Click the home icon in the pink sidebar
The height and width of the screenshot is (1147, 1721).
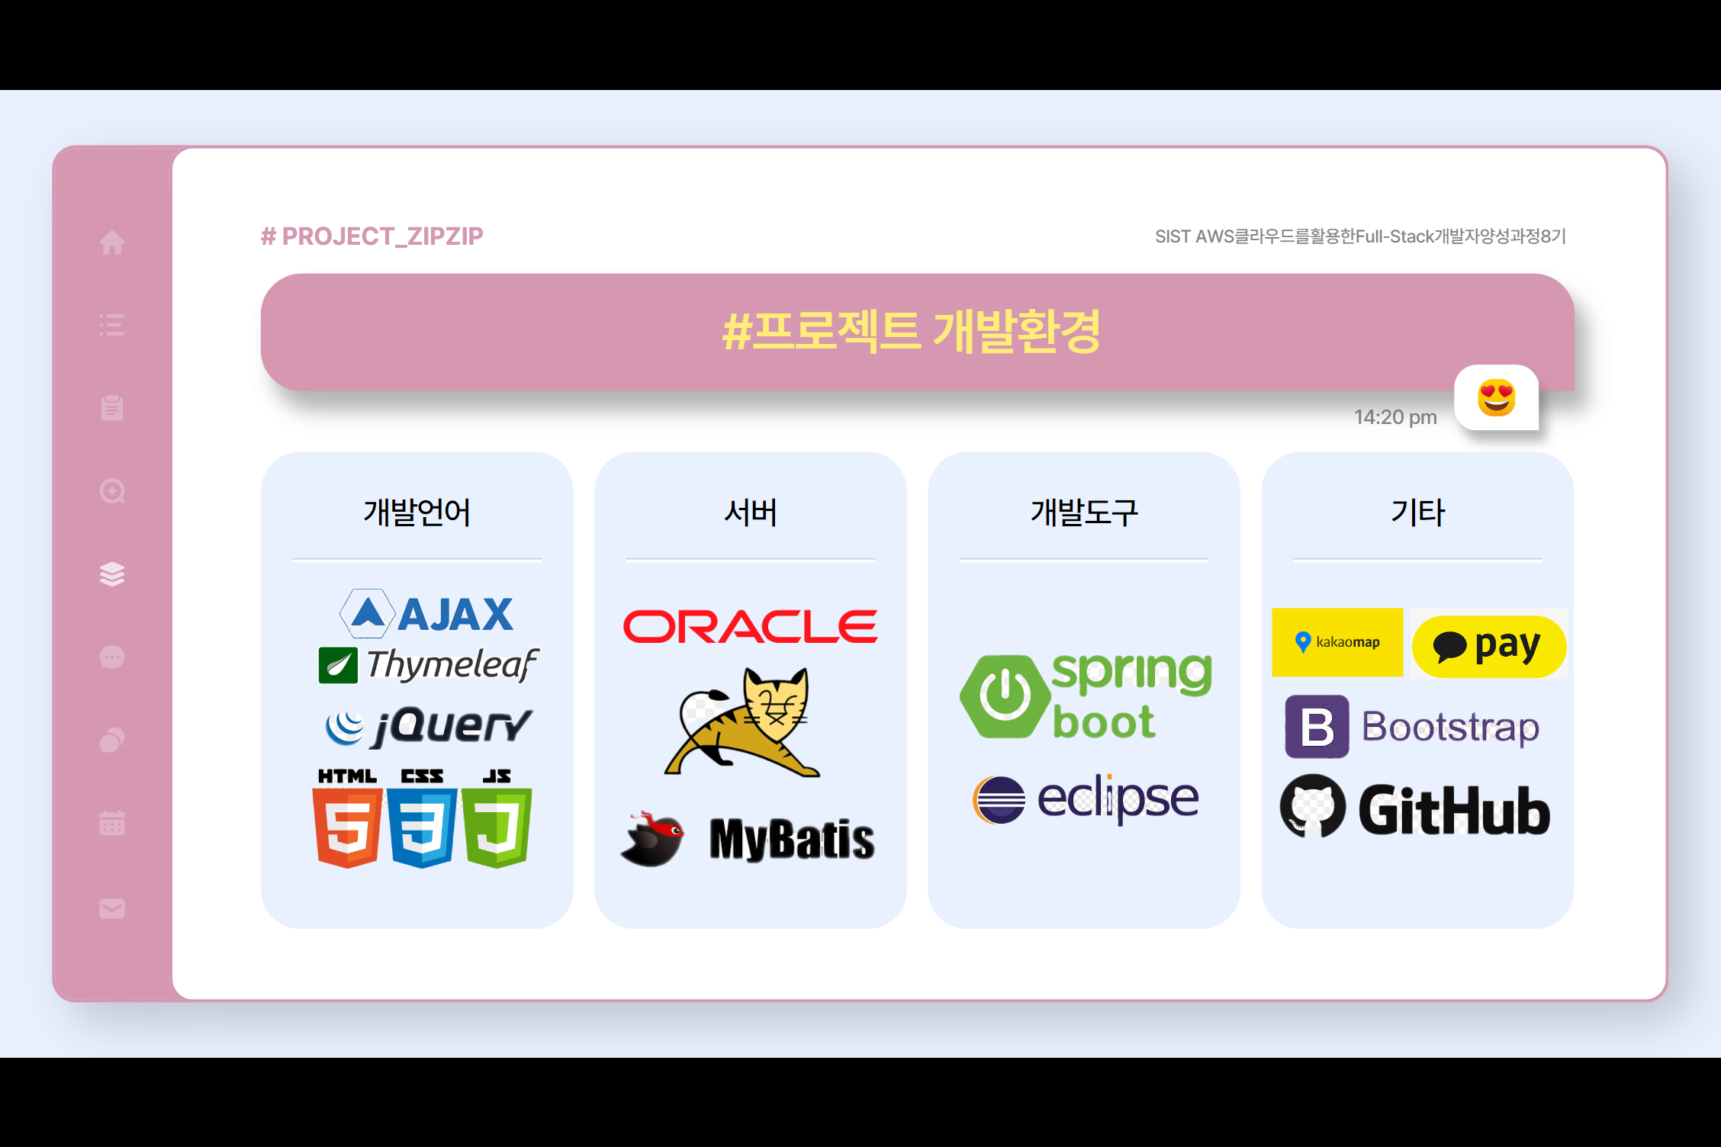click(112, 243)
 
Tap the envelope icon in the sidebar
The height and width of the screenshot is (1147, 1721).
click(112, 908)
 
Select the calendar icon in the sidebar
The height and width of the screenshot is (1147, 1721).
click(112, 823)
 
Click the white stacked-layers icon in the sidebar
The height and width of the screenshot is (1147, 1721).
click(112, 574)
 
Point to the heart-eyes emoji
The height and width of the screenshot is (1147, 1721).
click(1496, 398)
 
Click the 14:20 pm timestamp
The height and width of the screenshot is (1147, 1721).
click(1395, 417)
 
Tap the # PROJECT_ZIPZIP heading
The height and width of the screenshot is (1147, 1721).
click(372, 236)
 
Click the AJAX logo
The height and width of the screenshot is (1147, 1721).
click(427, 614)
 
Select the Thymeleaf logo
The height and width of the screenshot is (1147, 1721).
click(428, 664)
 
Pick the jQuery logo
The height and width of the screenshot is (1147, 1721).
click(428, 725)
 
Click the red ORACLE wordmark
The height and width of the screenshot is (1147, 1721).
click(750, 627)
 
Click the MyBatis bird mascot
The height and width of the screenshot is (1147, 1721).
click(654, 839)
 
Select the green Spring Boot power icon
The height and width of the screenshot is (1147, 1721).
click(1005, 696)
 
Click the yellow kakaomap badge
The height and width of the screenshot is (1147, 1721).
click(1337, 642)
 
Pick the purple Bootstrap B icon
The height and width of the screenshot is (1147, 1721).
click(1317, 727)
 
